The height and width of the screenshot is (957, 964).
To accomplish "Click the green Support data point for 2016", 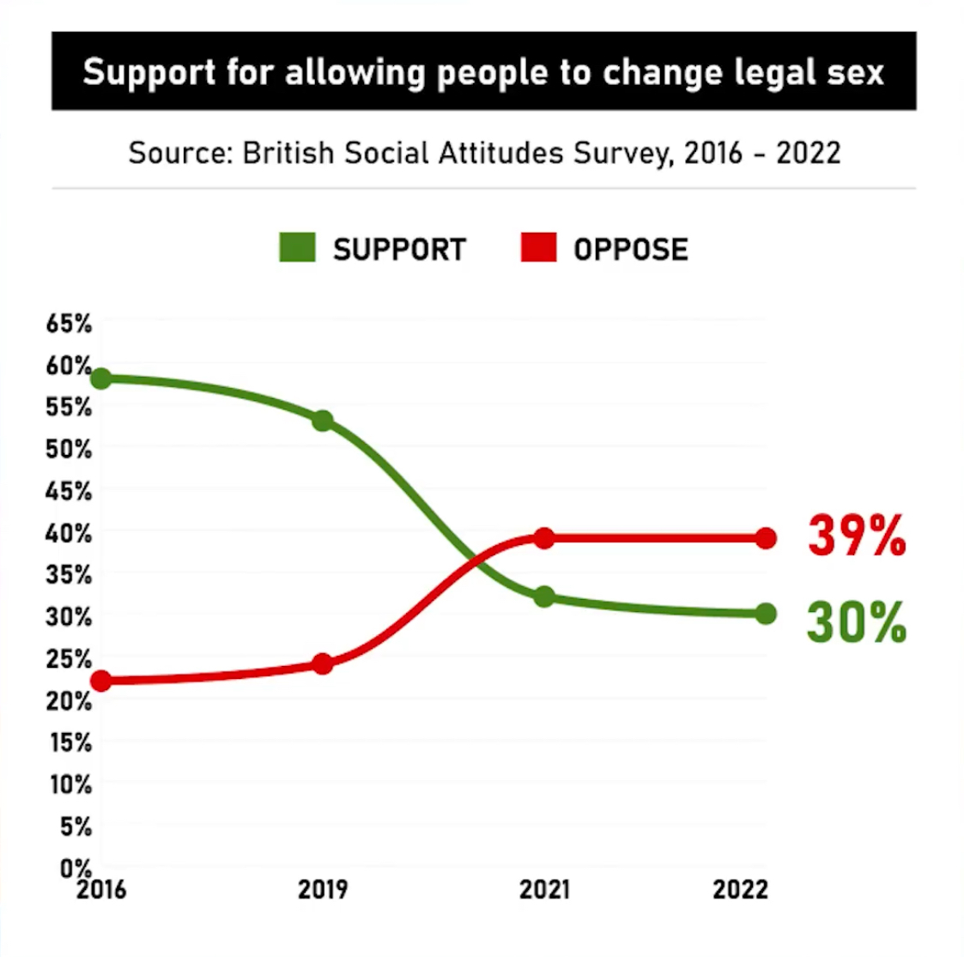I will pos(101,379).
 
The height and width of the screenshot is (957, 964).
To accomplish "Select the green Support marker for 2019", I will pos(323,421).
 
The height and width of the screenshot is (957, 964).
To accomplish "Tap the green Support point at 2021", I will pos(543,597).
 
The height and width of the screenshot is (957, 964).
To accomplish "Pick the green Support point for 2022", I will pos(766,614).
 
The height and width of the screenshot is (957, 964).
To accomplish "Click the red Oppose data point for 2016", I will pos(101,681).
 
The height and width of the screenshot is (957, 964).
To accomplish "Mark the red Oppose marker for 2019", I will pos(323,663).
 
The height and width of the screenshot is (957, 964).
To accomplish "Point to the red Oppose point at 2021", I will pos(543,538).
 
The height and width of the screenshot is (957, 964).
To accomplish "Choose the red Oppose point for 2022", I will pos(766,538).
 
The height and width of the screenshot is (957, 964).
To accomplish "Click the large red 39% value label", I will pos(856,536).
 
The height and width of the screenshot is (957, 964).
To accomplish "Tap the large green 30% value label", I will pos(856,622).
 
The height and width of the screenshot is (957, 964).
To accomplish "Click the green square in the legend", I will pos(297,248).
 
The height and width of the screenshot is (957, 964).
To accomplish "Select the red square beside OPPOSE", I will pos(538,248).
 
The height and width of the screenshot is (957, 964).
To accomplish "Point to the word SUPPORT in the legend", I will pos(399,250).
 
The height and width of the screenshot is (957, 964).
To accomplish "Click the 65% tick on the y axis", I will pos(69,324).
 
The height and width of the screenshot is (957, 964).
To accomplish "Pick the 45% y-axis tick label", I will pos(69,491).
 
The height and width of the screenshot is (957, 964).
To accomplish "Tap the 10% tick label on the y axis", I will pos(69,784).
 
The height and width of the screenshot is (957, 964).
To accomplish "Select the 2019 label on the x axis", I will pos(323,890).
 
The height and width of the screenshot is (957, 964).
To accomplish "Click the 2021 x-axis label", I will pos(544,890).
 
